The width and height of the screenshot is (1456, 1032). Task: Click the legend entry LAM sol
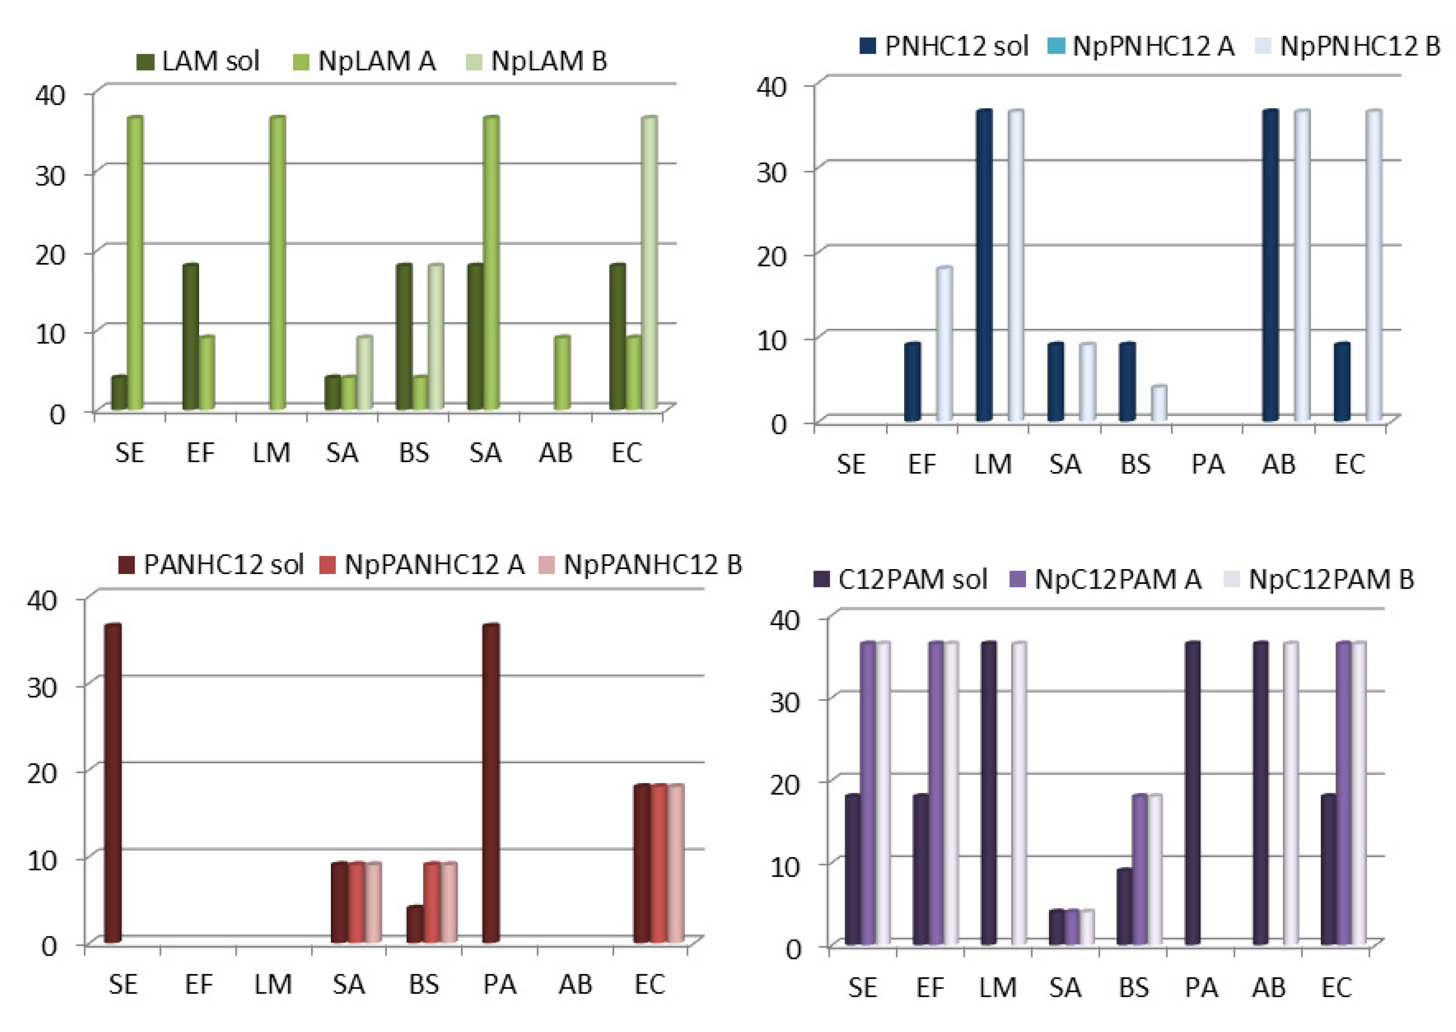pos(198,62)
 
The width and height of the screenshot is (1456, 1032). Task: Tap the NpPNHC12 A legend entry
pos(1141,46)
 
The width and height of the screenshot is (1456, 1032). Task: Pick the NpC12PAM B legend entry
pos(1319,580)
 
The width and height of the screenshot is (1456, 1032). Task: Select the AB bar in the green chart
pos(562,373)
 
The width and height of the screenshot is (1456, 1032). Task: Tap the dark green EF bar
pos(190,337)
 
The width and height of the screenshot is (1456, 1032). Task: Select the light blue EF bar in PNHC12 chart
pos(944,344)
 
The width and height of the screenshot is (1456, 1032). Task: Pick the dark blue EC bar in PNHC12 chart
pos(1342,381)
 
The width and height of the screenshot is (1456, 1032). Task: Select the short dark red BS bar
pos(415,924)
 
